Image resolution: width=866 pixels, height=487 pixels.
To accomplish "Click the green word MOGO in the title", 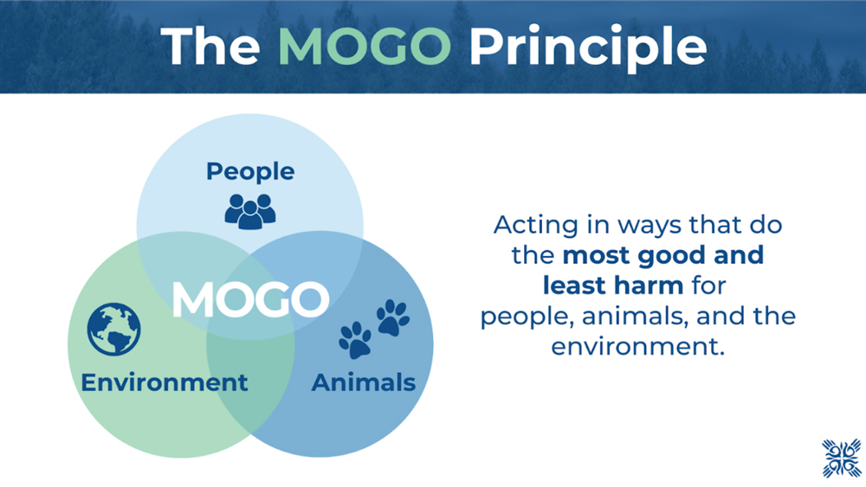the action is (x=365, y=47).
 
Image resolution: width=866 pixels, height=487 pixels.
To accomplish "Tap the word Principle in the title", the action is (x=588, y=48).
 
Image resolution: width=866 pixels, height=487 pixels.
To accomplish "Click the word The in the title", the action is (x=210, y=47).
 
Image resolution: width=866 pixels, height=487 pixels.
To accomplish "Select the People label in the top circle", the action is (x=250, y=171).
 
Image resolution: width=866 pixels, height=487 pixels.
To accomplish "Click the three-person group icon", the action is (x=250, y=211).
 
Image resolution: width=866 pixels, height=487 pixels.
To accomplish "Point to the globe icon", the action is (x=113, y=330).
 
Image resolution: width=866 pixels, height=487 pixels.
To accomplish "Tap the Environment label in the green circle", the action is (x=164, y=382).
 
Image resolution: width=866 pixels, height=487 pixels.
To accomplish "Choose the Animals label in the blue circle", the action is (x=364, y=382).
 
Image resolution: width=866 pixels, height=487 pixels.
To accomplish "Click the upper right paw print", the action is (x=392, y=317).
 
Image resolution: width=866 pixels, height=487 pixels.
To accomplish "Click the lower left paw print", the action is (x=355, y=340).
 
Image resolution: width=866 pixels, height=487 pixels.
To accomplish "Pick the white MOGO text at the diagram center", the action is (x=251, y=299).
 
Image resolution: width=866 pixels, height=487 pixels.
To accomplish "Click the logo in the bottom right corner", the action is (x=841, y=458).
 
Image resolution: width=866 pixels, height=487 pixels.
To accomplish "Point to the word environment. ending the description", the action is (x=638, y=347).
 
